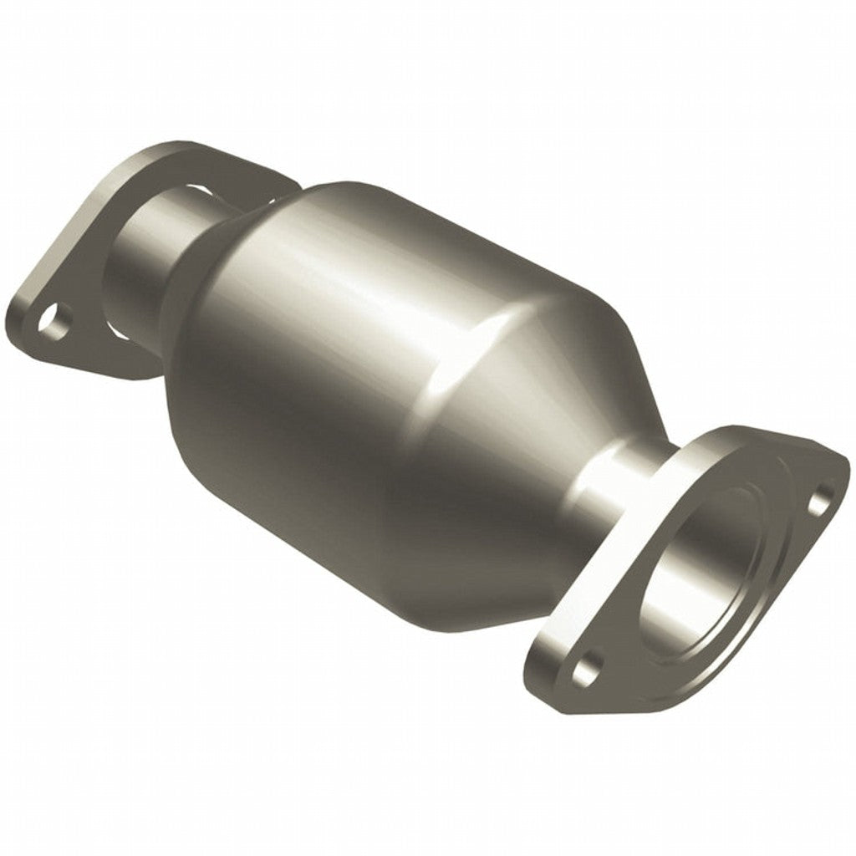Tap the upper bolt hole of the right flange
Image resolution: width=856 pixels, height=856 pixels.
point(823,495)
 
